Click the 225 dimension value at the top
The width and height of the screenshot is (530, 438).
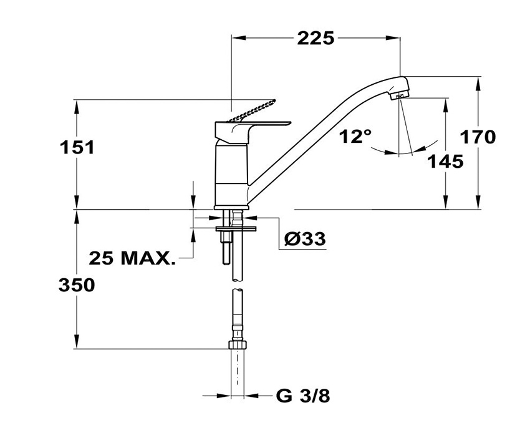pos(316,38)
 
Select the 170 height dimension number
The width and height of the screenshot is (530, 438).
pos(478,137)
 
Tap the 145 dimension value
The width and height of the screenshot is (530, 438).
pos(446,162)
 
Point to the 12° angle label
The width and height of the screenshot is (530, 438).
pos(355,136)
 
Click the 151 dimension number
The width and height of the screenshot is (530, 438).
pos(77,148)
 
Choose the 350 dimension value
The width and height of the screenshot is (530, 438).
pos(77,285)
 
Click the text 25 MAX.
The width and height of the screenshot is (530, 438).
pos(132,259)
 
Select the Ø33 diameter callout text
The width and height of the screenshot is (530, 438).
pos(305,239)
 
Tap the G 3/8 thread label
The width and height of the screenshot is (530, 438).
pos(303,396)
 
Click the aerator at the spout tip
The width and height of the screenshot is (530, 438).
pos(399,95)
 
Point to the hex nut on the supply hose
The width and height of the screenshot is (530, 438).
pos(238,344)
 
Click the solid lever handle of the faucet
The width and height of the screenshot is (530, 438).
pos(253,130)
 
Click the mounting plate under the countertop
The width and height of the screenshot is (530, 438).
pos(235,230)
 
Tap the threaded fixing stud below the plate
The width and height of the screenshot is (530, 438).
pos(226,250)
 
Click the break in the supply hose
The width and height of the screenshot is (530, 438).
pos(238,285)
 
